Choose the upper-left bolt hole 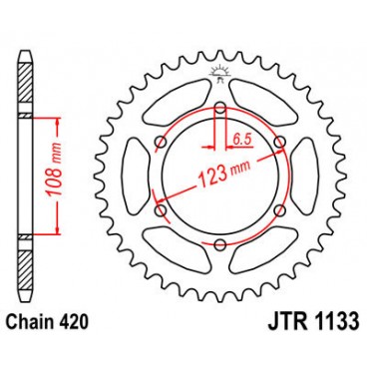click(x=160, y=141)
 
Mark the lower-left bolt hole click(x=160, y=208)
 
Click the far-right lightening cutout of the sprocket click(x=300, y=175)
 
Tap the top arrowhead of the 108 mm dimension click(x=62, y=122)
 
